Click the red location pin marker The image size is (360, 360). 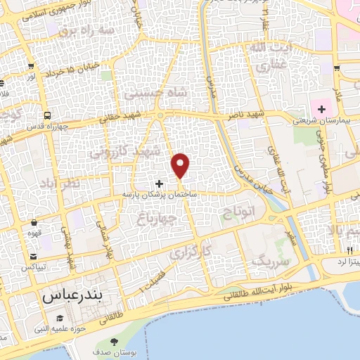(181, 165)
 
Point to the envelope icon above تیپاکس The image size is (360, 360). (33, 257)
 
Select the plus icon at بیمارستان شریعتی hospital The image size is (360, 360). (322, 109)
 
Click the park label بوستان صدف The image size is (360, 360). (115, 352)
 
